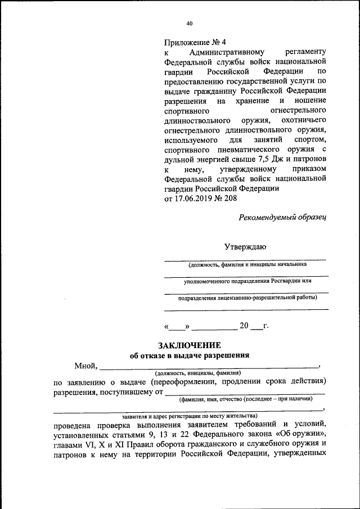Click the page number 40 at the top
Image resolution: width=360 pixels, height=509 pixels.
(189, 24)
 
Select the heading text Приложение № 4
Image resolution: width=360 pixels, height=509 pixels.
(195, 42)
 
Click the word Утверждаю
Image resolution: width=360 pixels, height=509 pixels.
(245, 246)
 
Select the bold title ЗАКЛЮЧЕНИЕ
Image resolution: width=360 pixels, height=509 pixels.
(189, 345)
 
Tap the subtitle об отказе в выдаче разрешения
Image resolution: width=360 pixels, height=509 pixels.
(189, 355)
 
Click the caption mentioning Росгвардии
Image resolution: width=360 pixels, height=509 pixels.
(247, 280)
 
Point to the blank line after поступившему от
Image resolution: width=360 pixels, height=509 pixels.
(245, 393)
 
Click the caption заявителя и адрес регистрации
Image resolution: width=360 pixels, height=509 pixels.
(186, 416)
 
